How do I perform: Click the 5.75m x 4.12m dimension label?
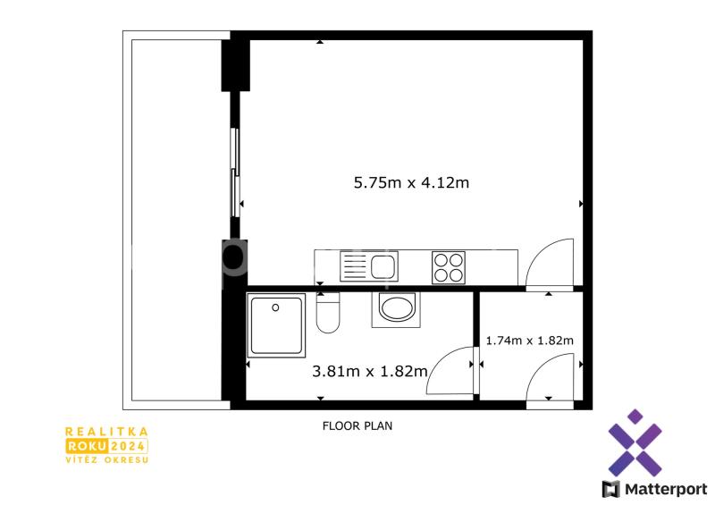click(411, 182)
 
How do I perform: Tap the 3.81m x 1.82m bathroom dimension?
click(370, 371)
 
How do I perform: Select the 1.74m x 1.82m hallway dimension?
click(529, 341)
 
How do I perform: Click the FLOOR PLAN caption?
click(357, 425)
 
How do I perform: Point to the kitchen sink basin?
click(383, 266)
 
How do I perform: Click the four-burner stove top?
click(449, 267)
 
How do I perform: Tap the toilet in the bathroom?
click(328, 313)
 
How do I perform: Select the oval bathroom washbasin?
click(397, 308)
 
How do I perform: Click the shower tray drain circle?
click(275, 307)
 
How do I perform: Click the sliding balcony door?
click(235, 173)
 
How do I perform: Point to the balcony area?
click(176, 220)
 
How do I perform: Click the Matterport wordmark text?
click(665, 490)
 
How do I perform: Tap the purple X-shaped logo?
click(635, 442)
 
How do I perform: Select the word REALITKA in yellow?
click(106, 432)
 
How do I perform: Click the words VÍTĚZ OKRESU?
click(107, 459)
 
